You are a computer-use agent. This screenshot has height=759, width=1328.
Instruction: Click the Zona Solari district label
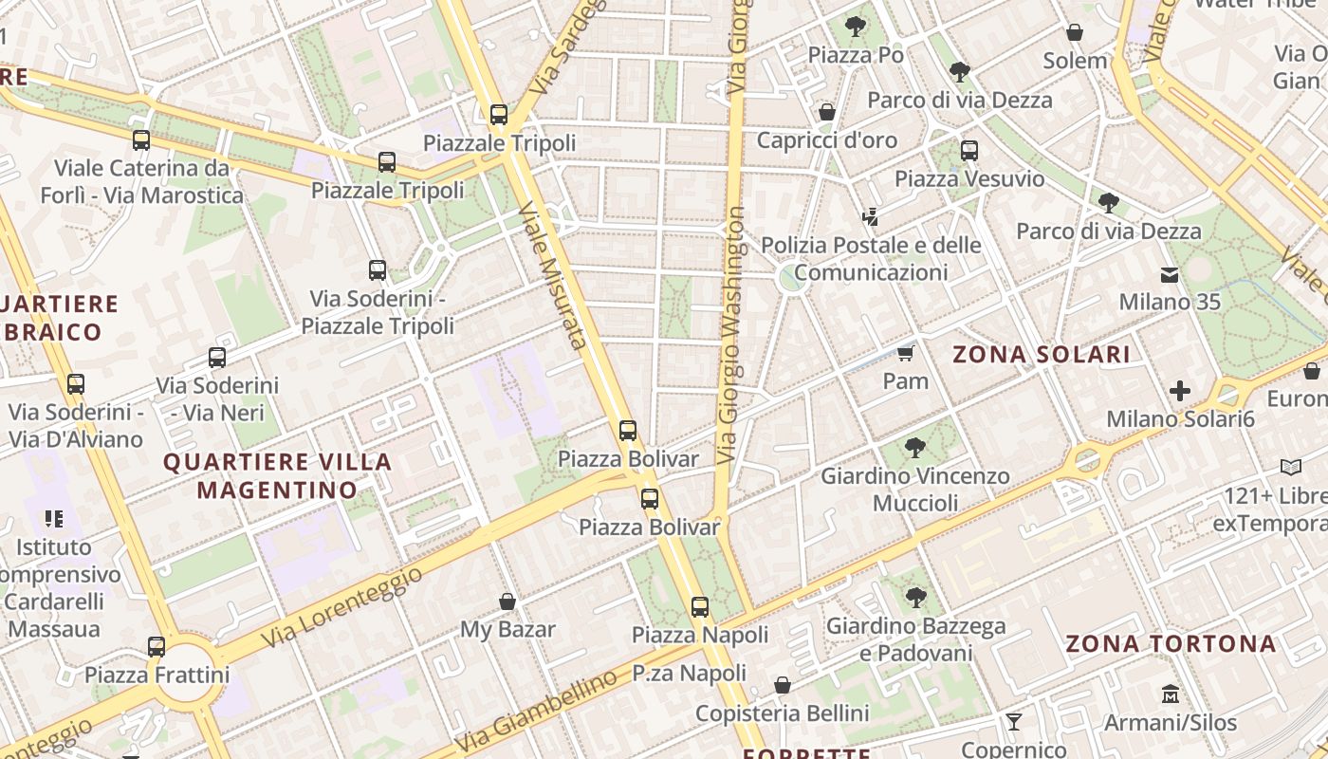pyautogui.click(x=1041, y=355)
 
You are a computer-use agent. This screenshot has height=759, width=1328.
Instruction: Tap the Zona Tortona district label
pyautogui.click(x=1171, y=643)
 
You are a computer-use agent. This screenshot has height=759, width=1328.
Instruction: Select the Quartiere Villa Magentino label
pyautogui.click(x=277, y=475)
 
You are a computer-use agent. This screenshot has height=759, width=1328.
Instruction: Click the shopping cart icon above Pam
pyautogui.click(x=905, y=354)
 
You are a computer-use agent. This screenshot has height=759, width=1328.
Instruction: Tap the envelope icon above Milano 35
pyautogui.click(x=1169, y=275)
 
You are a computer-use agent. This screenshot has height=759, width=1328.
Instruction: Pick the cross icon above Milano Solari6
pyautogui.click(x=1179, y=391)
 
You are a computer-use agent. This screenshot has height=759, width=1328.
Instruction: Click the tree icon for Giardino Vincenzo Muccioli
pyautogui.click(x=914, y=447)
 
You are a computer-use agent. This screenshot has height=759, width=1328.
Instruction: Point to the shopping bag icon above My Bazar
pyautogui.click(x=507, y=602)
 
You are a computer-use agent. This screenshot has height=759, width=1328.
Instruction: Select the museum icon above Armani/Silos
pyautogui.click(x=1170, y=694)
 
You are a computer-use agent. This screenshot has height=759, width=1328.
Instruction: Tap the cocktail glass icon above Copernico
pyautogui.click(x=1013, y=722)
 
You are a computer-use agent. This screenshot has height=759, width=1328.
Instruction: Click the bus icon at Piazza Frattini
pyautogui.click(x=157, y=647)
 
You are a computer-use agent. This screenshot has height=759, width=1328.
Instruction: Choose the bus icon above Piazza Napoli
pyautogui.click(x=699, y=607)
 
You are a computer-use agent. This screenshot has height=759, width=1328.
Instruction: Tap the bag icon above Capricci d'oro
pyautogui.click(x=826, y=112)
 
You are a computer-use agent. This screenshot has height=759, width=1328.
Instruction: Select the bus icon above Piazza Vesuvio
pyautogui.click(x=968, y=151)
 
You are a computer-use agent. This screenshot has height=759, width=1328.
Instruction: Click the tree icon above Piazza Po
pyautogui.click(x=855, y=27)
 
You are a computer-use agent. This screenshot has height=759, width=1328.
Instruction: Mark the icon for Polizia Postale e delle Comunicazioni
pyautogui.click(x=870, y=217)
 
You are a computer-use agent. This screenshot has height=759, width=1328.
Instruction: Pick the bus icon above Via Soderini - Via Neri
pyautogui.click(x=217, y=358)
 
